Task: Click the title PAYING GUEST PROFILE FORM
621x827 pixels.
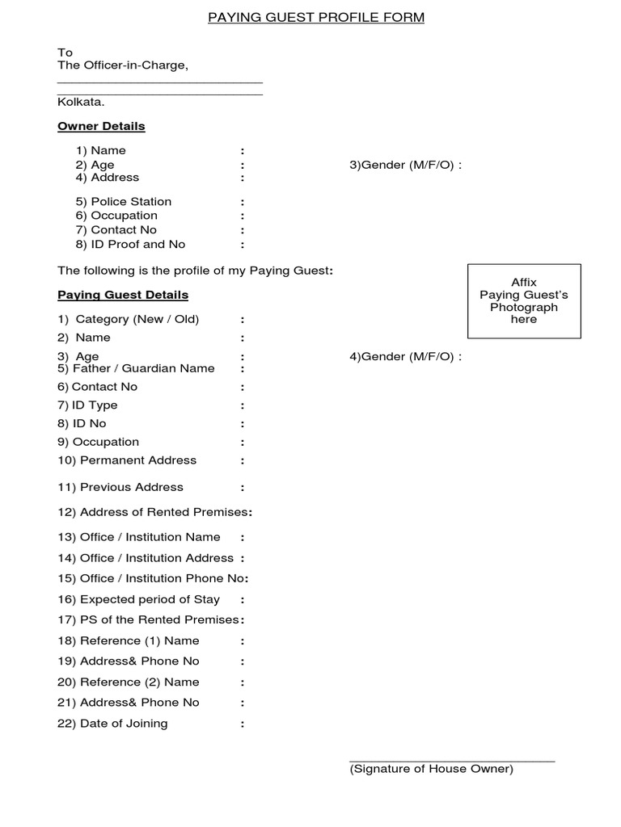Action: click(315, 17)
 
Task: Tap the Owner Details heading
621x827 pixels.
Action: click(101, 126)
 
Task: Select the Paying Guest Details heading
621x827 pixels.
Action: click(123, 295)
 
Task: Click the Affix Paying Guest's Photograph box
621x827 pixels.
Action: click(524, 300)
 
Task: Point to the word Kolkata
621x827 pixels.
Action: click(80, 102)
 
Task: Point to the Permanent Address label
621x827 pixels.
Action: click(127, 460)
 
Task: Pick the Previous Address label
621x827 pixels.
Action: click(120, 487)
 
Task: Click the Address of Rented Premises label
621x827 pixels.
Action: click(154, 512)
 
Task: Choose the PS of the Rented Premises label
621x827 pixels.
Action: click(150, 619)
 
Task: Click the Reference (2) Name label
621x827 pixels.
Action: click(128, 682)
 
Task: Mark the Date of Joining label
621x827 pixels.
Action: click(112, 723)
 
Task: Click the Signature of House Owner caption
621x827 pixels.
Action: click(431, 769)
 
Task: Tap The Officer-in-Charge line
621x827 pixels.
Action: click(122, 65)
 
